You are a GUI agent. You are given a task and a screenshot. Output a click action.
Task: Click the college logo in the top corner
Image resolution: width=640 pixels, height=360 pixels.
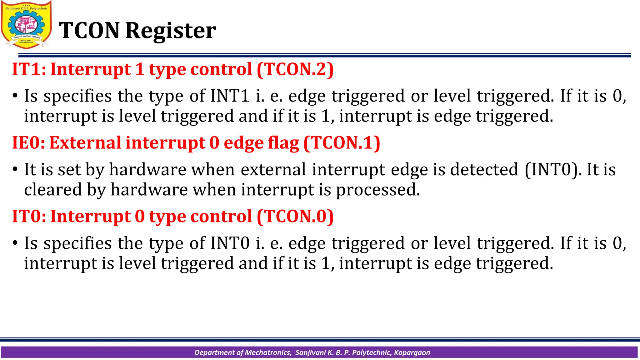[x=26, y=25]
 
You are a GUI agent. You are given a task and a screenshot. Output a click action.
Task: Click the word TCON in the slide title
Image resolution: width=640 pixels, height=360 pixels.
[x=89, y=31]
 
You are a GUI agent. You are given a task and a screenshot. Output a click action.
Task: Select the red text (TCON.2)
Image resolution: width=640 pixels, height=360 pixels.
[x=295, y=69]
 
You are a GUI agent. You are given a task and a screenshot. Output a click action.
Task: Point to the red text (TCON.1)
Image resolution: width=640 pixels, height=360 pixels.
[x=342, y=143]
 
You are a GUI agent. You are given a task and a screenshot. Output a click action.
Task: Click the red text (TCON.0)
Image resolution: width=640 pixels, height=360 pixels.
[x=295, y=217]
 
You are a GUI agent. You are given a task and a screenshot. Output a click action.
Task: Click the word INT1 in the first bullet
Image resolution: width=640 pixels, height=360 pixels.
[x=230, y=96]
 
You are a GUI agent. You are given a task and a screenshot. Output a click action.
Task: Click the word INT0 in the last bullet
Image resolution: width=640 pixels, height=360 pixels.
[x=230, y=243]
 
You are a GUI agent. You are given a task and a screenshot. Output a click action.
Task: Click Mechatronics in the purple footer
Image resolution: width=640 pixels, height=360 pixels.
[x=268, y=352]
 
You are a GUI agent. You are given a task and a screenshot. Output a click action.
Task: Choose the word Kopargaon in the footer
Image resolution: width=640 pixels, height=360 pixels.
[x=412, y=352]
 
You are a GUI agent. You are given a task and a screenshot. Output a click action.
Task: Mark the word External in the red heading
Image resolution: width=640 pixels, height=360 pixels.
[x=85, y=143]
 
